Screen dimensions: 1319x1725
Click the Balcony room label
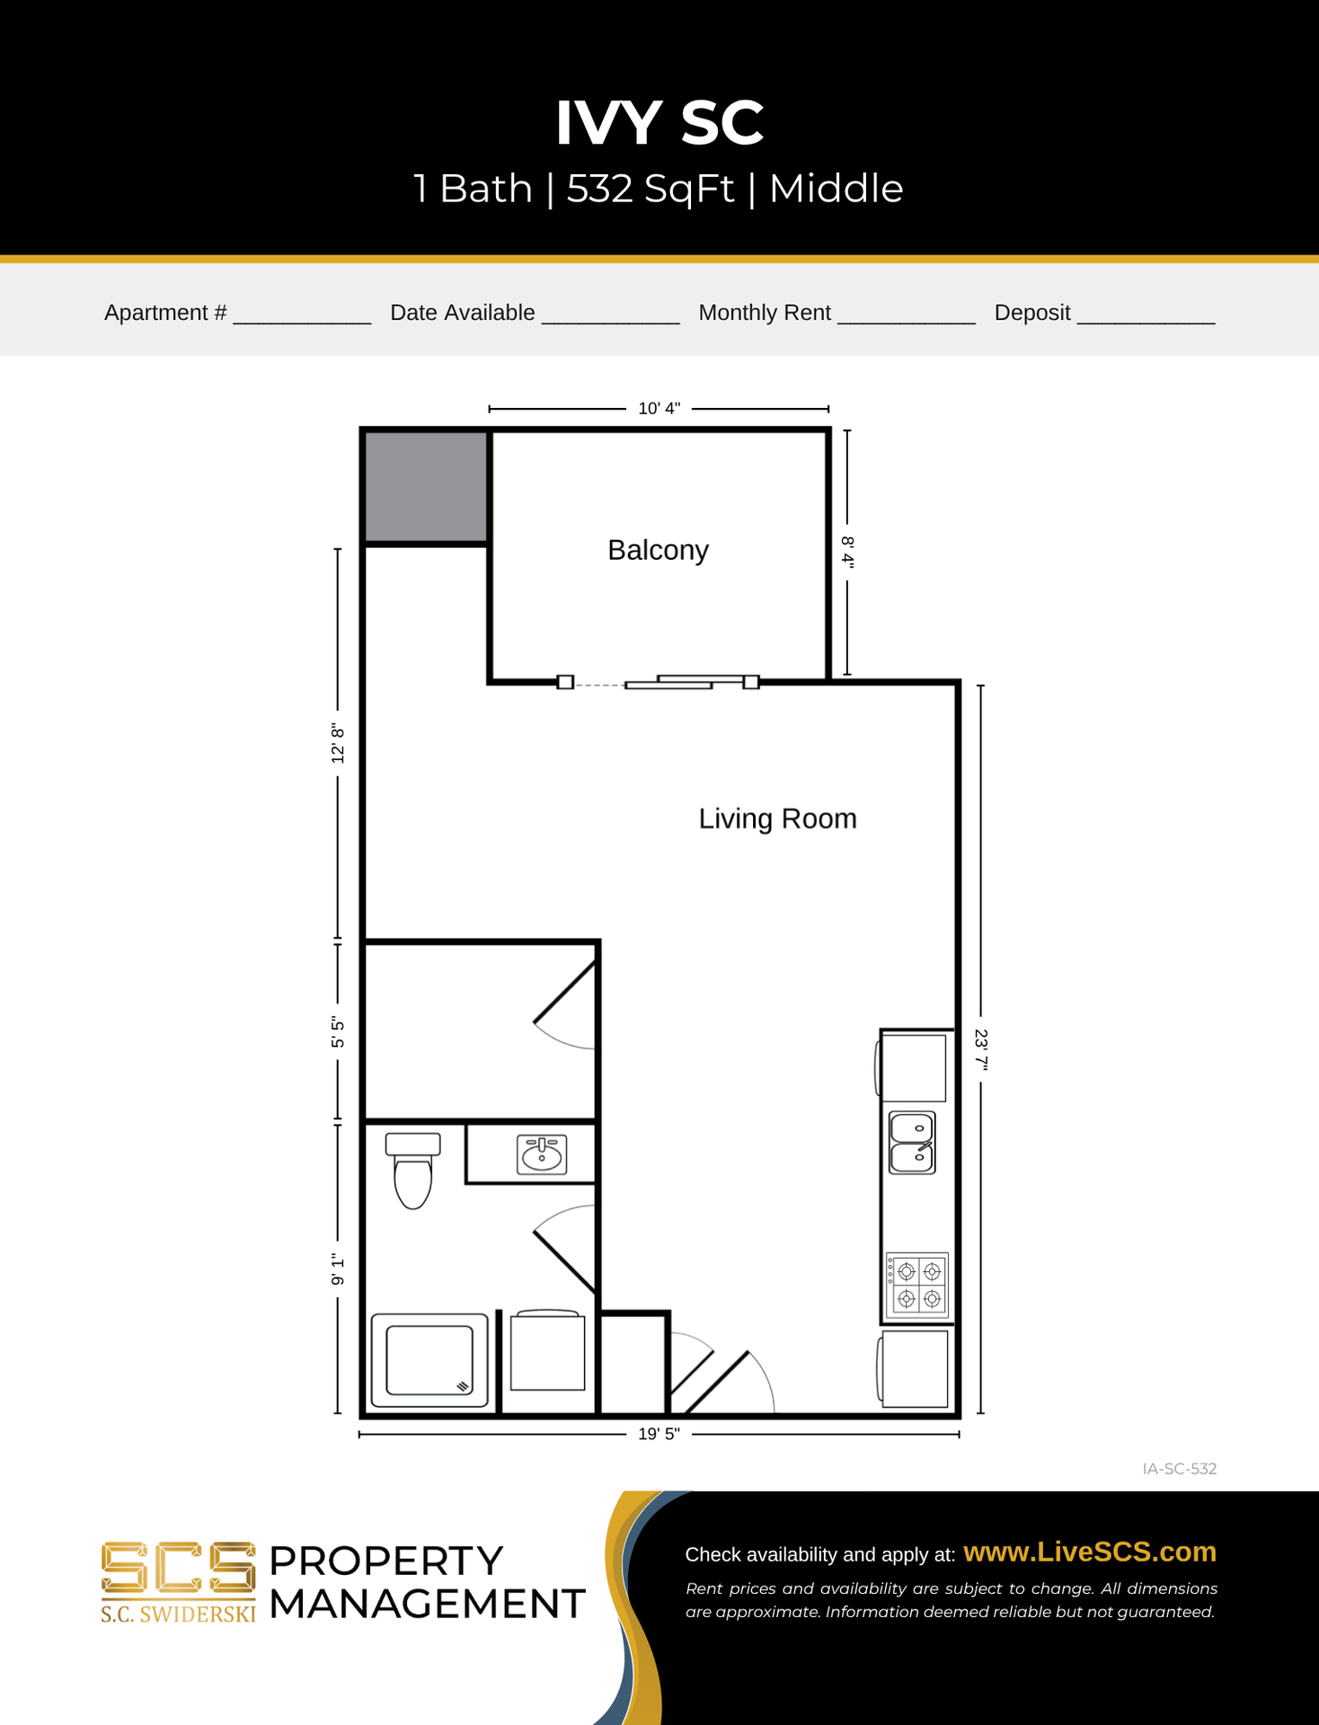pos(658,550)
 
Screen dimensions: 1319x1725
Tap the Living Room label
pos(777,818)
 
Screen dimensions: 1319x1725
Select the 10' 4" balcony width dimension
pos(659,409)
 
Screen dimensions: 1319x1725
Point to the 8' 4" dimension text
pos(847,552)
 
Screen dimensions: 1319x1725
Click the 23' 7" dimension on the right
pos(981,1050)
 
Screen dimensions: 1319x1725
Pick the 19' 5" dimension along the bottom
pos(659,1434)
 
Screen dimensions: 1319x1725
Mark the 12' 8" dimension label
pos(338,744)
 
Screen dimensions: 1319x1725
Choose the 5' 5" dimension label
pos(338,1032)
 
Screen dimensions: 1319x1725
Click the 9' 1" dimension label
pos(338,1269)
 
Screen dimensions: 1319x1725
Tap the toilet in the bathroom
pos(413,1170)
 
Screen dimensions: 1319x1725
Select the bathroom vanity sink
pos(542,1154)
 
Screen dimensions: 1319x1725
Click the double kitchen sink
pos(912,1143)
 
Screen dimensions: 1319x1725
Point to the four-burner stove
pos(917,1286)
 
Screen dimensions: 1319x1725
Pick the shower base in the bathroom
pos(429,1360)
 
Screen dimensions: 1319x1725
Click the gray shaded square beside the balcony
pos(426,487)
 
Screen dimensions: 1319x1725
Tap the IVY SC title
pos(659,122)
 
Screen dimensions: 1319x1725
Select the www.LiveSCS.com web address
pos(1090,1552)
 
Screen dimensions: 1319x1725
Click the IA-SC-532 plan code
pos(1180,1469)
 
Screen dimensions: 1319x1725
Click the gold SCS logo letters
pos(178,1568)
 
